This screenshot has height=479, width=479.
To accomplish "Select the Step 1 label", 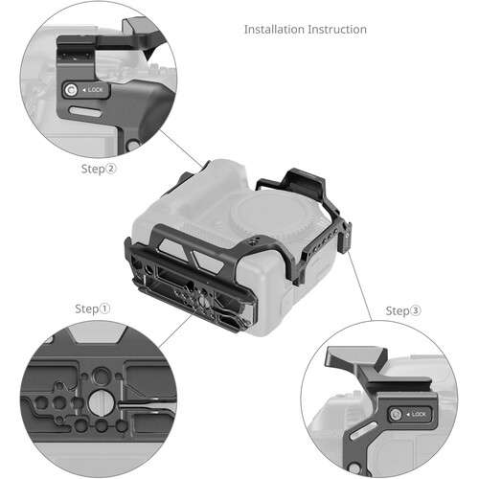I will (x=92, y=309).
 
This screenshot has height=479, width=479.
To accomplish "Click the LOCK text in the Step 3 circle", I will (x=419, y=414).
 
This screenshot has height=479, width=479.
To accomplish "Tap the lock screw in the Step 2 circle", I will (x=71, y=92).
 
